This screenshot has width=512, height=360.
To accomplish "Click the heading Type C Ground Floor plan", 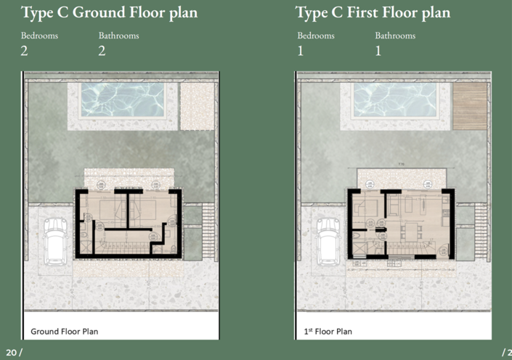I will point(109,13).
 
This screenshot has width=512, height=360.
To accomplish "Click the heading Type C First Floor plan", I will point(373,13).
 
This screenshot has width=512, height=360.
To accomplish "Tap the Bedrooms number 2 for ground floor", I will point(25,51).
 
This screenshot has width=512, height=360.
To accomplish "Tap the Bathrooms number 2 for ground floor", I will point(102,51).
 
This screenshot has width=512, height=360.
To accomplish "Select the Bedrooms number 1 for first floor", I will point(301,51).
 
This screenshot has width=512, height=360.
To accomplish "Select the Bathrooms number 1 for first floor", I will point(378,51).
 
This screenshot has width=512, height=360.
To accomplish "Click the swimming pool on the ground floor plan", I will point(121,100).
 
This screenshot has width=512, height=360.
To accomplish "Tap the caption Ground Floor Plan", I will point(64,332).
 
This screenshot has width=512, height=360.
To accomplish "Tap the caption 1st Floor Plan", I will point(328,332).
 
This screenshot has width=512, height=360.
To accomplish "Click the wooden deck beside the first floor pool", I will point(469,106).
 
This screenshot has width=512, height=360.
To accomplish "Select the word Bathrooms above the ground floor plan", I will point(118,36).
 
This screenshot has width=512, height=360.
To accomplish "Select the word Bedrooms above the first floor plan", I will point(316,36).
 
